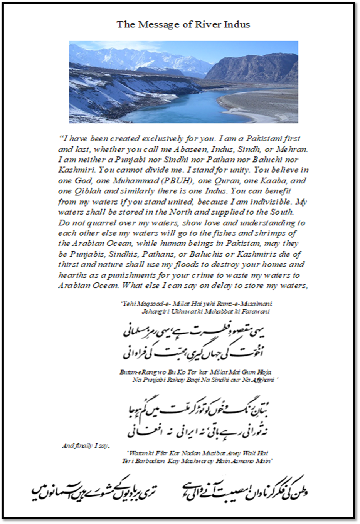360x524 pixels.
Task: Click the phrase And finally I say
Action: click(x=86, y=446)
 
